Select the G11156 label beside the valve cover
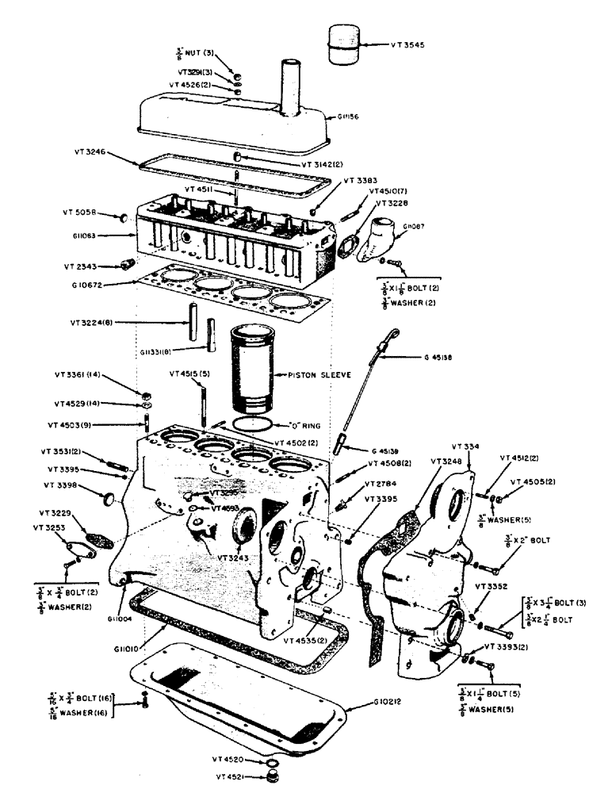[346, 117]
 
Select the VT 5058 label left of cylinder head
[80, 213]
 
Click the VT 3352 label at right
[490, 586]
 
